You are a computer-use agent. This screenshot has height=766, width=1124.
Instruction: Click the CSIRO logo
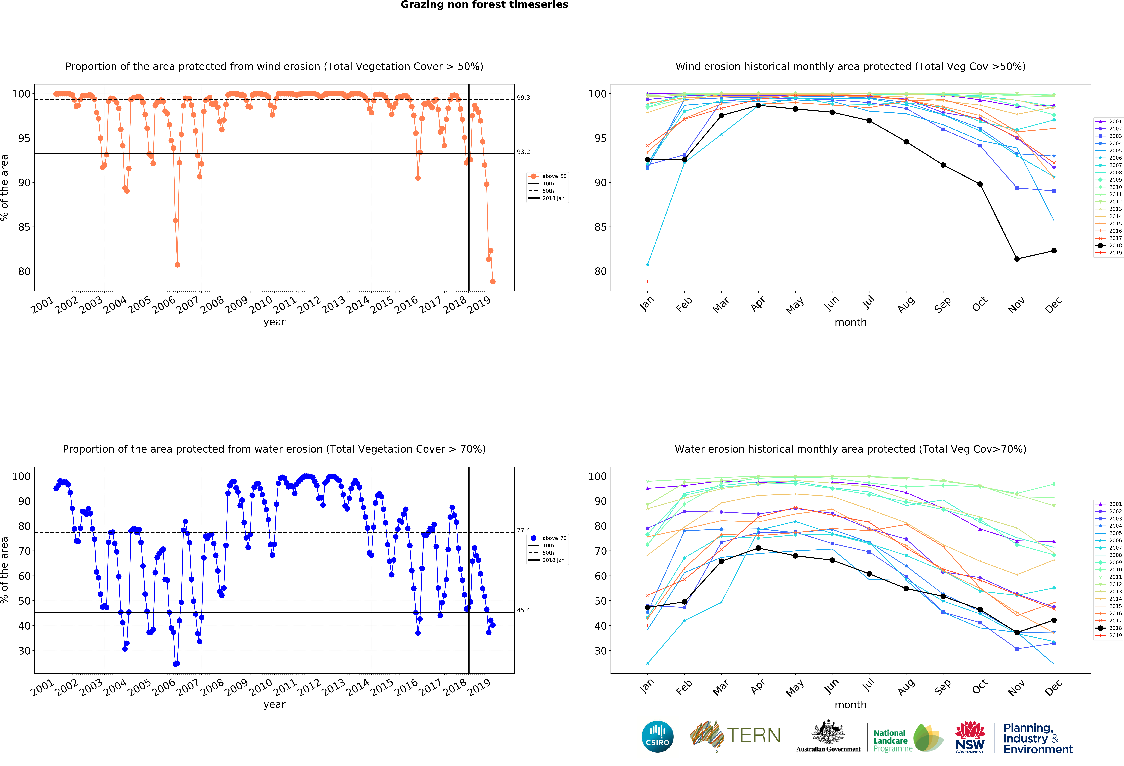click(x=657, y=736)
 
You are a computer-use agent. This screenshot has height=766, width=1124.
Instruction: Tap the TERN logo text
click(x=754, y=736)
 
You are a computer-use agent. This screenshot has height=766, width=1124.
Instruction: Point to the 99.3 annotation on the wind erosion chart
click(x=523, y=98)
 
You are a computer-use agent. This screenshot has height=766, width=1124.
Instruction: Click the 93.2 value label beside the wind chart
click(x=523, y=152)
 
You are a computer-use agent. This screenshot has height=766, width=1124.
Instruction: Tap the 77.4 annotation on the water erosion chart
click(x=523, y=530)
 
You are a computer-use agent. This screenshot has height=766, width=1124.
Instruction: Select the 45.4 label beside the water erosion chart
click(x=523, y=610)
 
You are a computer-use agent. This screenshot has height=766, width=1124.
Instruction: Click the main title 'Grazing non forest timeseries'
click(x=484, y=5)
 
